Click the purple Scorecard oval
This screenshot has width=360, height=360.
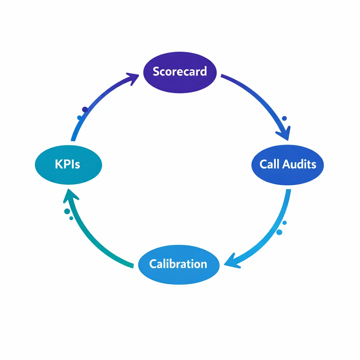click(180, 72)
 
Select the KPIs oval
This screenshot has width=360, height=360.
click(68, 165)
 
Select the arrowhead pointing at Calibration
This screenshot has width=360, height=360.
click(230, 262)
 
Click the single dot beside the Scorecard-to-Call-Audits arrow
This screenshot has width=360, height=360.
click(284, 118)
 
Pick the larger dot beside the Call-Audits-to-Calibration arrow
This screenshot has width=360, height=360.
click(279, 232)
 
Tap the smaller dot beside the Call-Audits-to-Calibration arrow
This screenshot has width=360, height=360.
click(284, 223)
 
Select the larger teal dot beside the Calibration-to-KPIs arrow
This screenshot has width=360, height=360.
click(67, 211)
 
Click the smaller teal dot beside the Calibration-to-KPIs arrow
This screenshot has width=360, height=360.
click(71, 218)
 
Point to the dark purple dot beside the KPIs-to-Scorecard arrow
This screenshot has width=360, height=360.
click(85, 110)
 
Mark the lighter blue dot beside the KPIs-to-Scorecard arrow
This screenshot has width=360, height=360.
click(79, 117)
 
